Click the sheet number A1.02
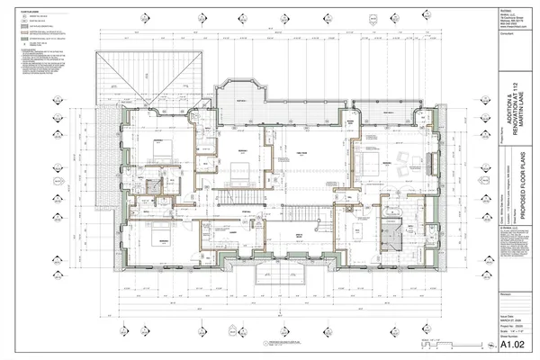click(513, 343)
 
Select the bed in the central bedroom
click(237, 162)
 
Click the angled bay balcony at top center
click(241, 94)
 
